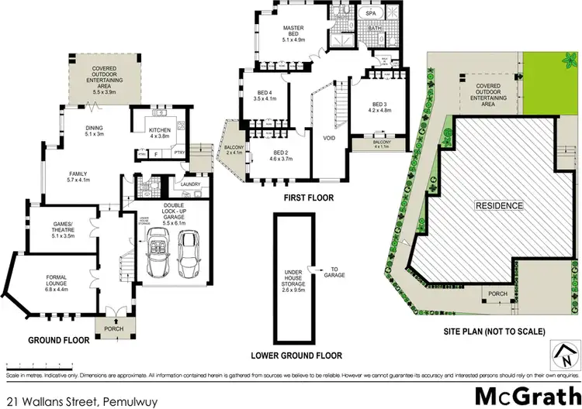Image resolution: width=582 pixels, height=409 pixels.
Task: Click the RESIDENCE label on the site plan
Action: pyautogui.click(x=499, y=206)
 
